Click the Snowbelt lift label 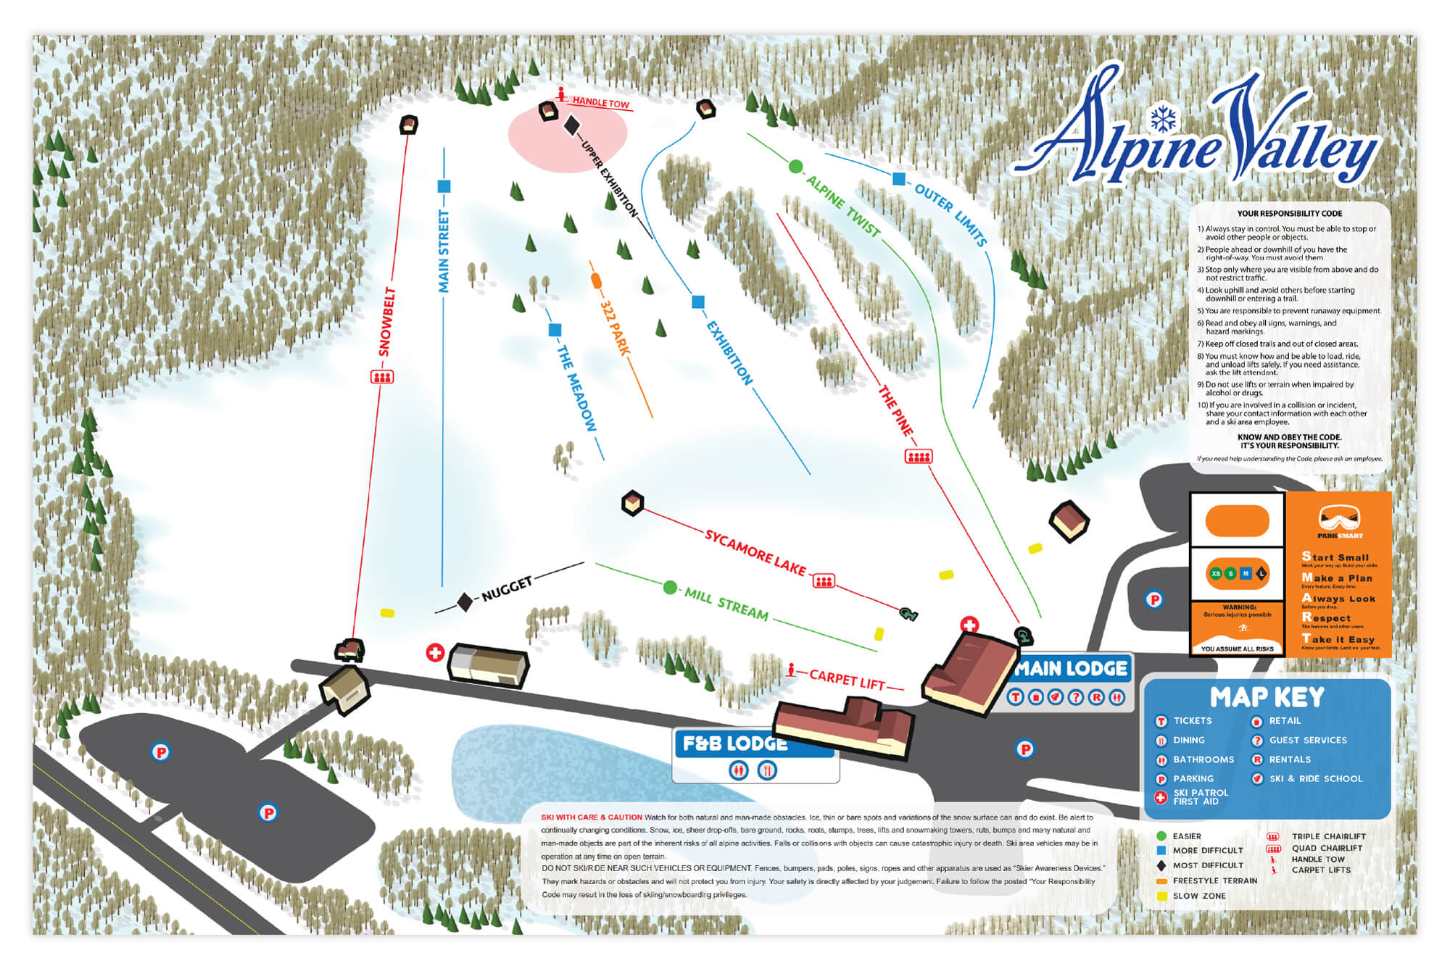point(386,322)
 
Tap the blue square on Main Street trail point(444,186)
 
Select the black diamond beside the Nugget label point(465,601)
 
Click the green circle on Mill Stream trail point(670,587)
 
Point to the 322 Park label point(614,328)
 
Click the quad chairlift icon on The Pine point(918,457)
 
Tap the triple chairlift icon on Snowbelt point(381,377)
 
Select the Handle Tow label point(600,102)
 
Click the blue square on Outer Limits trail point(898,178)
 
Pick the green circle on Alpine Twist point(795,167)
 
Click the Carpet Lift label point(847,680)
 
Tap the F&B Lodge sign point(735,744)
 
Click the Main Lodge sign point(1071,668)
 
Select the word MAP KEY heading point(1267,697)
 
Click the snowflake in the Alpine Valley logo point(1164,118)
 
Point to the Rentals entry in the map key point(1289,759)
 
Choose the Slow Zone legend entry point(1199,896)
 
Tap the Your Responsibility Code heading point(1289,214)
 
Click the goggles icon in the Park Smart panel point(1339,519)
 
